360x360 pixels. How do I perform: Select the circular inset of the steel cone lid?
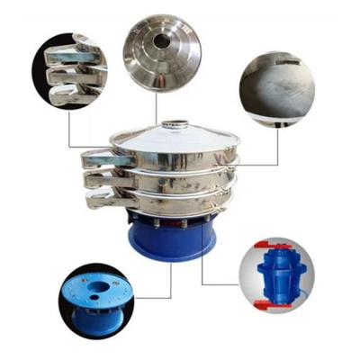pyautogui.click(x=163, y=50)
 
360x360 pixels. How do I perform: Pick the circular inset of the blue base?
pyautogui.click(x=95, y=298)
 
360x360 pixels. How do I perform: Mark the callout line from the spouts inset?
pyautogui.click(x=70, y=130)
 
